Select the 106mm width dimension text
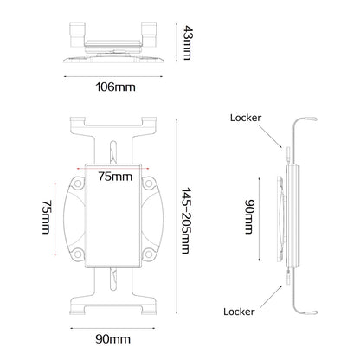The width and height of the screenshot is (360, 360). click(x=109, y=87)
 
